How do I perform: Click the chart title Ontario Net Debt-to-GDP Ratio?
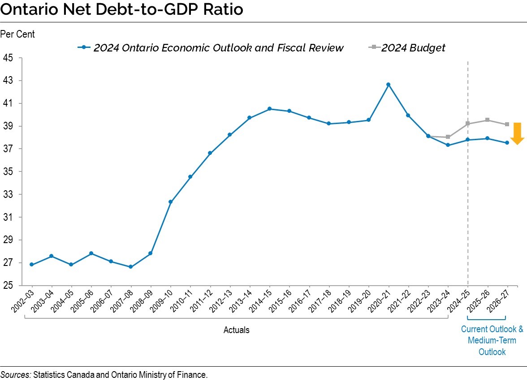pos(122,10)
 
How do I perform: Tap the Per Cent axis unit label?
pos(17,34)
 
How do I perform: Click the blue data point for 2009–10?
pos(170,202)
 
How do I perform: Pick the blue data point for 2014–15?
pos(269,109)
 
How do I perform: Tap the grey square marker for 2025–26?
pos(488,120)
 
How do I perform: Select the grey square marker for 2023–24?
pos(448,137)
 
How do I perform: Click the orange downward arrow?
pos(517,133)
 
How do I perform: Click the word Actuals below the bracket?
pos(236,330)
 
